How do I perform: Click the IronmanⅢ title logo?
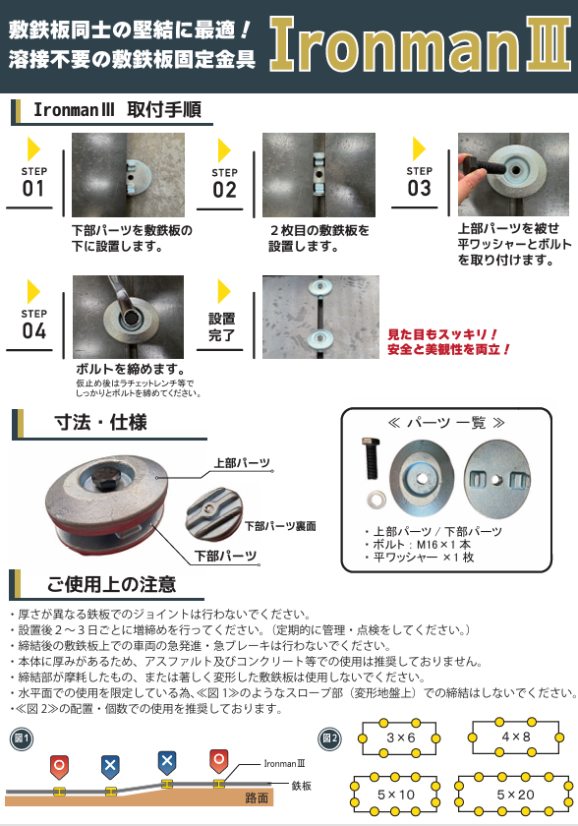pyautogui.click(x=420, y=44)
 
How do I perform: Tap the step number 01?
pyautogui.click(x=33, y=188)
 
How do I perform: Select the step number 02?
pyautogui.click(x=225, y=190)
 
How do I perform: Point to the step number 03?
pyautogui.click(x=419, y=188)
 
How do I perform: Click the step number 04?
pyautogui.click(x=33, y=330)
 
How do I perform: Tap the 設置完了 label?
pyautogui.click(x=221, y=326)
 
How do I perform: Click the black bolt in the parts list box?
pyautogui.click(x=371, y=458)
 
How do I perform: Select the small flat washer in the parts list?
pyautogui.click(x=376, y=499)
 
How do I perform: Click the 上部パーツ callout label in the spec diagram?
pyautogui.click(x=242, y=463)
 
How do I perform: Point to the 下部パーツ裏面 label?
pyautogui.click(x=280, y=526)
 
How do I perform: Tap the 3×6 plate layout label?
pyautogui.click(x=401, y=737)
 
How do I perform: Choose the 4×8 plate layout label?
pyautogui.click(x=515, y=737)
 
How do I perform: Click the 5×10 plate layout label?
pyautogui.click(x=396, y=795)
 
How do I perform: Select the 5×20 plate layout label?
pyautogui.click(x=515, y=795)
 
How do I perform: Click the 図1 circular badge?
pyautogui.click(x=22, y=738)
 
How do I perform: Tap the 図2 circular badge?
pyautogui.click(x=330, y=738)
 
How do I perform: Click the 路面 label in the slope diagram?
pyautogui.click(x=257, y=798)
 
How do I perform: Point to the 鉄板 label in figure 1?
pyautogui.click(x=301, y=786)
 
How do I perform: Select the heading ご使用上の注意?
pyautogui.click(x=112, y=584)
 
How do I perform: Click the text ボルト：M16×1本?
pyautogui.click(x=422, y=544)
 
